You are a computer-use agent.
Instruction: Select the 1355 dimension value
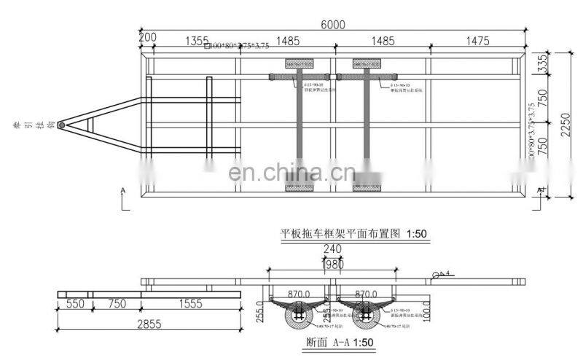point(197,41)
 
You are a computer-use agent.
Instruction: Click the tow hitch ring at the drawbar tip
point(61,125)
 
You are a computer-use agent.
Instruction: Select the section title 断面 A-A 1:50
point(332,342)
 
